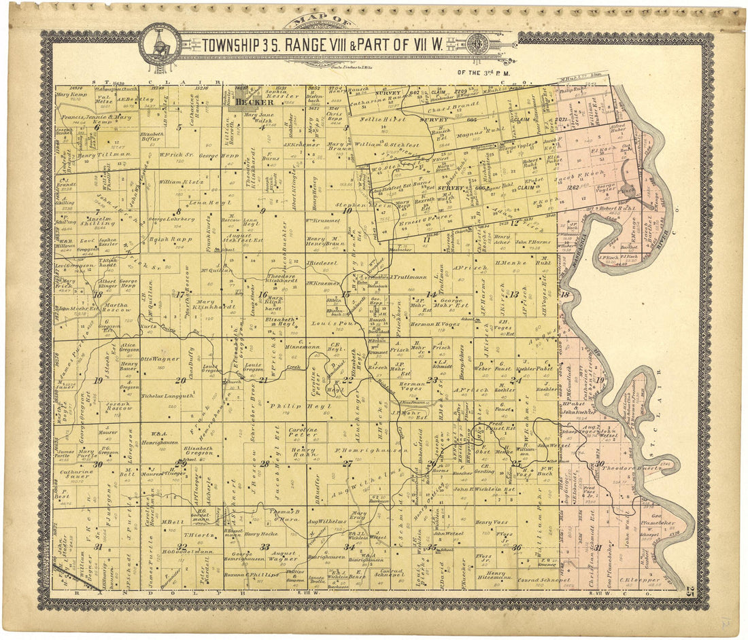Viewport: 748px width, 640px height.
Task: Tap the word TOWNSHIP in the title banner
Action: tap(231, 46)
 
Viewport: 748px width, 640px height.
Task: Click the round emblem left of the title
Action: tap(160, 44)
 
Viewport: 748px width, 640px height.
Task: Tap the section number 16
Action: tap(262, 294)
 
